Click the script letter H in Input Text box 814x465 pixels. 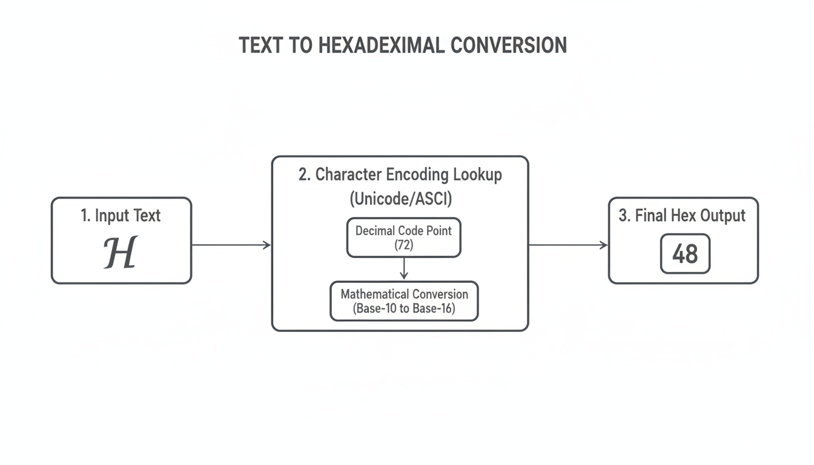121,252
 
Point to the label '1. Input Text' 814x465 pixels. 121,216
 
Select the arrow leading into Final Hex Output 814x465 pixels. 568,245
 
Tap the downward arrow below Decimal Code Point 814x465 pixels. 404,268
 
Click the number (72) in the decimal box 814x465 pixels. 403,245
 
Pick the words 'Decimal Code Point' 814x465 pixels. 403,231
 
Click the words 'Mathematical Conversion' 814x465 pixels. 404,294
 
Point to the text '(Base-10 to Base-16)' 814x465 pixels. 404,308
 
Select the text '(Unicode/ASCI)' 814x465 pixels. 400,198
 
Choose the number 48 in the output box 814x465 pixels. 685,254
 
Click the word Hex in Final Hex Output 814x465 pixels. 684,216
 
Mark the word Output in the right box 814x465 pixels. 723,216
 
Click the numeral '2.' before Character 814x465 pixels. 305,175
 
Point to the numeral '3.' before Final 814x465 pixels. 624,216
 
